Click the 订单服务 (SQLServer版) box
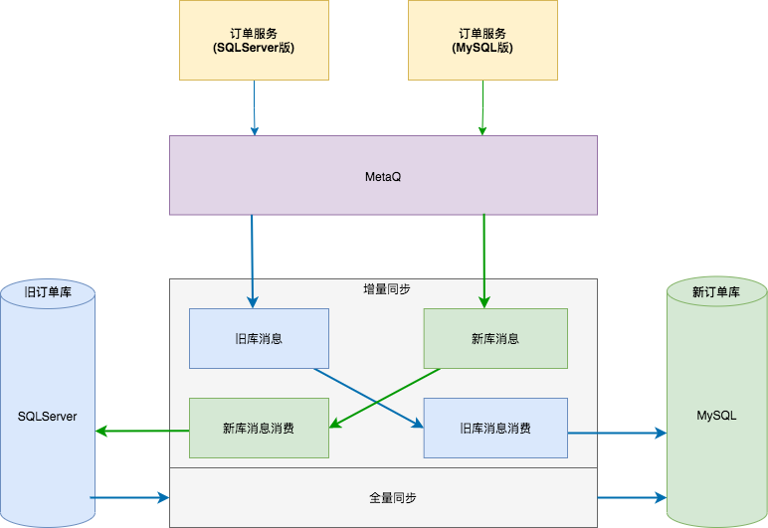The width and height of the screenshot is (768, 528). tap(255, 40)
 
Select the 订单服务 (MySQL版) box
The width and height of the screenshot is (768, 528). tap(482, 40)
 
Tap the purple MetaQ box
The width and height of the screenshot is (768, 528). tap(383, 175)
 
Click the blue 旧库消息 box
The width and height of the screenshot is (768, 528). tap(259, 338)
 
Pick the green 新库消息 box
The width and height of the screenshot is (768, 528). tap(495, 338)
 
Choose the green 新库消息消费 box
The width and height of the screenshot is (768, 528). tap(259, 429)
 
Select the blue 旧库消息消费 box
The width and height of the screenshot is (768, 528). tap(495, 429)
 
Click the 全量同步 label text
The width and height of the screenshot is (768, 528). tap(383, 496)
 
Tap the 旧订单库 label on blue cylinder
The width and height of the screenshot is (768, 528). tap(47, 292)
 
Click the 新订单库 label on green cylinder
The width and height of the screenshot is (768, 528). tap(716, 292)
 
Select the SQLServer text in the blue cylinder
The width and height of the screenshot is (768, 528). tap(47, 416)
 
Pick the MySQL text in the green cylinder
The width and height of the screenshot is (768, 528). tap(716, 416)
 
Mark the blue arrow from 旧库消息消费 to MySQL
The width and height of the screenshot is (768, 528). tap(617, 433)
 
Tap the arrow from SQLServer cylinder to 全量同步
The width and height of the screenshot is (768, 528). tap(129, 496)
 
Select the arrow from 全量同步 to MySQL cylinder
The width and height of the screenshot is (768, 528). tap(632, 496)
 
